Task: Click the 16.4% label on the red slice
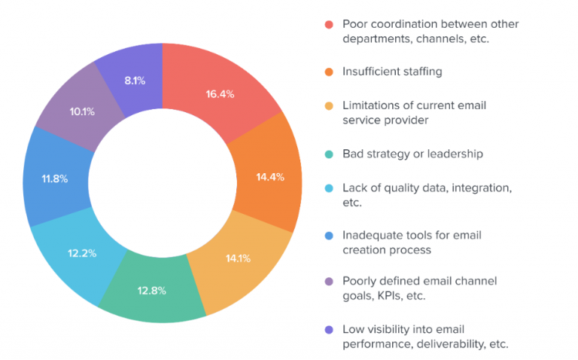[x=221, y=95]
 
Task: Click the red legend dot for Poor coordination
[x=328, y=24]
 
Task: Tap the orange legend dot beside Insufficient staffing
[x=328, y=72]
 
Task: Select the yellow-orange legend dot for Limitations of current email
[x=328, y=105]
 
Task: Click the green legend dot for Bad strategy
[x=328, y=154]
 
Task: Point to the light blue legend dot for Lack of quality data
[x=328, y=187]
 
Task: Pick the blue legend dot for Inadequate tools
[x=328, y=235]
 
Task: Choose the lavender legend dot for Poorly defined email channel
[x=328, y=281]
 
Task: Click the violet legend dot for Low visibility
[x=328, y=329]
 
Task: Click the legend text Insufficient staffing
[x=392, y=72]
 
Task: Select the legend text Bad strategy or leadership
[x=412, y=154]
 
